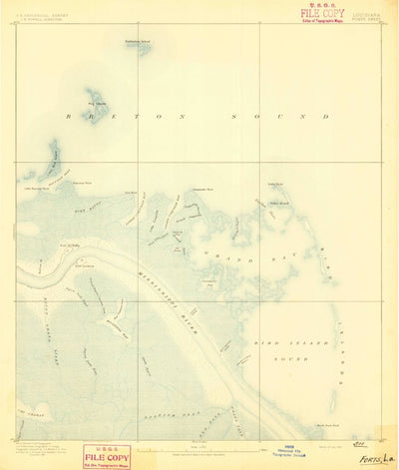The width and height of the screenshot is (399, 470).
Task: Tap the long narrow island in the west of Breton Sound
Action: pyautogui.click(x=52, y=157)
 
